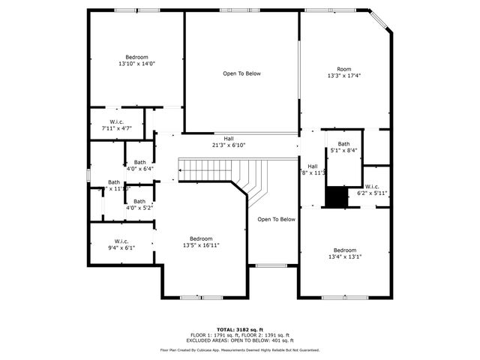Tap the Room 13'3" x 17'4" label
point(343,73)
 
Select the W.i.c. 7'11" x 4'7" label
point(116,125)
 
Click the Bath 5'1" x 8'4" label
point(343,147)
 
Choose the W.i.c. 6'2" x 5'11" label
point(373,190)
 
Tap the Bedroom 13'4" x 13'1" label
point(345,253)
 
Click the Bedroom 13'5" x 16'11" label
point(201,241)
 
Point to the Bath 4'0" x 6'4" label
point(140,166)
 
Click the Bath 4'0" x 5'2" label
point(139,204)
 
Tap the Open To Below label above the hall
point(241,73)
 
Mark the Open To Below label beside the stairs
point(276,220)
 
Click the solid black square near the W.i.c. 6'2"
point(337,196)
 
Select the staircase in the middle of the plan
point(225,175)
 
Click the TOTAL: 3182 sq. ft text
point(240,329)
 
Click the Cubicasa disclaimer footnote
point(240,349)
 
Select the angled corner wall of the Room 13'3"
point(382,21)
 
